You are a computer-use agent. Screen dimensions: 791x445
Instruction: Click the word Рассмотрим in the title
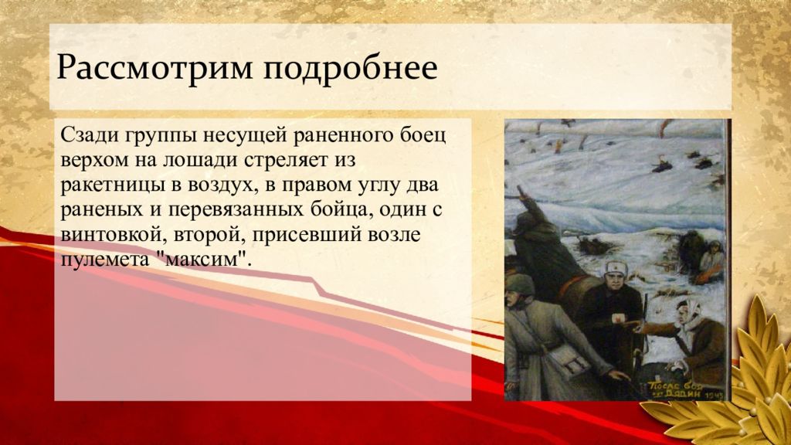[x=154, y=67]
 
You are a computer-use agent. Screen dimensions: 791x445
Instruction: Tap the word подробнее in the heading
[x=350, y=68]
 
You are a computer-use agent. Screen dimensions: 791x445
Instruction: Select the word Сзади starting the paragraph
[x=89, y=136]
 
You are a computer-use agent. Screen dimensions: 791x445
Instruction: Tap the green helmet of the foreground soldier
[x=520, y=286]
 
